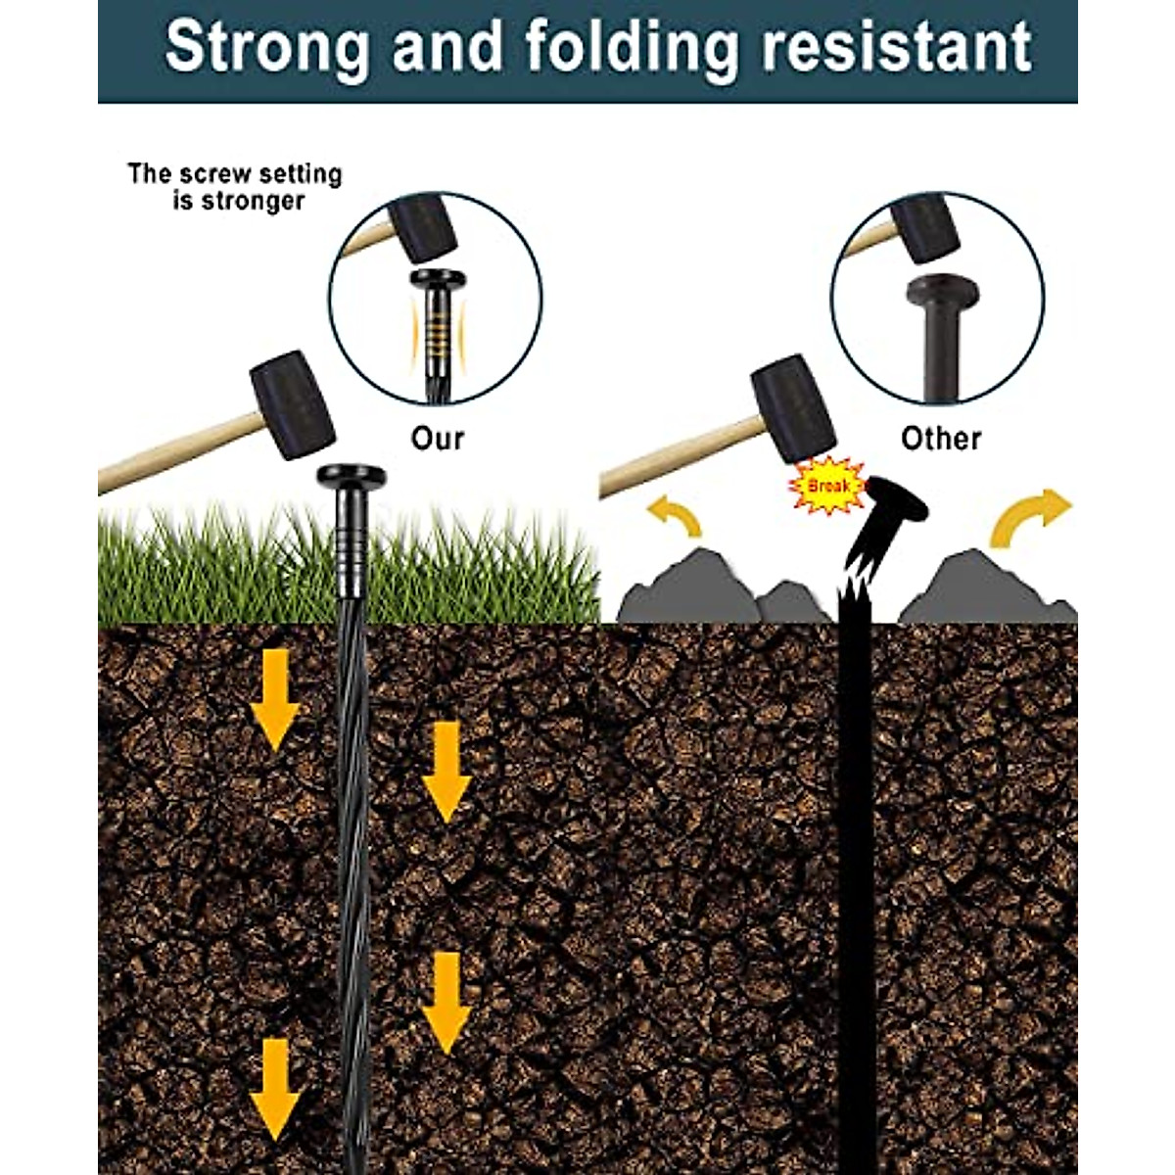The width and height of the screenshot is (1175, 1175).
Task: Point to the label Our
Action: pyautogui.click(x=437, y=438)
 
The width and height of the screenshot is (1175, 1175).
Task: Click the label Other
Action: pyautogui.click(x=940, y=438)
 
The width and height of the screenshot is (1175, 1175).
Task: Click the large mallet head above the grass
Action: pyautogui.click(x=292, y=404)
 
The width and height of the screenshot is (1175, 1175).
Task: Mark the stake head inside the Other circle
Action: pyautogui.click(x=942, y=293)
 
